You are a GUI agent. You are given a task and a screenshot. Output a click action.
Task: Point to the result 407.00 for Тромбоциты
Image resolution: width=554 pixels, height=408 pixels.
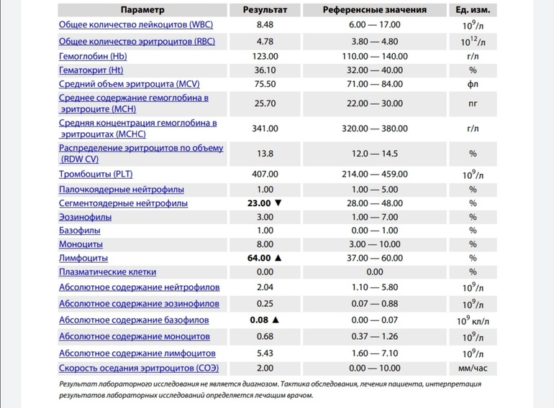tap(265, 174)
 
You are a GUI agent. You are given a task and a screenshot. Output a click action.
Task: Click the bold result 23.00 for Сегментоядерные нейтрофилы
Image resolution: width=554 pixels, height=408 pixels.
tap(259, 203)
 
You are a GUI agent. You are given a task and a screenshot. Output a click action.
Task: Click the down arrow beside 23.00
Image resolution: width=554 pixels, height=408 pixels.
tap(278, 203)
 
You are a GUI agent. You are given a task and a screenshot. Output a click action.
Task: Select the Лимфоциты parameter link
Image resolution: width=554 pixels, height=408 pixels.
tap(83, 258)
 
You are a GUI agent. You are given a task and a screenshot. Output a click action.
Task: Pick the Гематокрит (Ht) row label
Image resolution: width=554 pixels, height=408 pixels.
tap(91, 70)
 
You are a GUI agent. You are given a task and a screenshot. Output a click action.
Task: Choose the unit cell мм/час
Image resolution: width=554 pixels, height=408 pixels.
tap(473, 368)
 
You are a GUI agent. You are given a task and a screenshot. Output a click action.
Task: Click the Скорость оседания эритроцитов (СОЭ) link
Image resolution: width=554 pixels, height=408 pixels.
tap(138, 368)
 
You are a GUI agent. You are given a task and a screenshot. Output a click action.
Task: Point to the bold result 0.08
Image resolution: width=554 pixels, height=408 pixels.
tap(259, 320)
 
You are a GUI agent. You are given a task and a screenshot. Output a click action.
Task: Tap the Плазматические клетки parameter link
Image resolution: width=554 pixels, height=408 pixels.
tap(107, 272)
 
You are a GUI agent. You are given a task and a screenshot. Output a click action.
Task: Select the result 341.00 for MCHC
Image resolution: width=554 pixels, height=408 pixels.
tap(265, 129)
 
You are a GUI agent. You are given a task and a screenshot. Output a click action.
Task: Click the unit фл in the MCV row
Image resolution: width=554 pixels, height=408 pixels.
tap(473, 83)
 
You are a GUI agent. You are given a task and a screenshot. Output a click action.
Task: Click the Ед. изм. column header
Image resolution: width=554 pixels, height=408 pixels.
tap(473, 10)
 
